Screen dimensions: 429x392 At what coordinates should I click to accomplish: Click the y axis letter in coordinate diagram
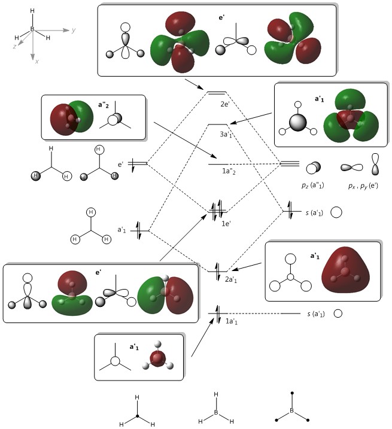click(x=73, y=29)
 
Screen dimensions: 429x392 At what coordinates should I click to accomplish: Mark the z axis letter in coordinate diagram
click(x=14, y=45)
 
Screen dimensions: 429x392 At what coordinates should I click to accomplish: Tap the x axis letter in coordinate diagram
click(x=36, y=61)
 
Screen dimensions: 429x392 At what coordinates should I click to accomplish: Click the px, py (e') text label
click(x=360, y=186)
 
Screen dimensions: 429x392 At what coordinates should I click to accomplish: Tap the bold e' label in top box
click(x=222, y=19)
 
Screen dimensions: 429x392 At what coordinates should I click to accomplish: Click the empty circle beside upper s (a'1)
click(x=336, y=212)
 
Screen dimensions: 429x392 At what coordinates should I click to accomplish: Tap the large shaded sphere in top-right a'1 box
click(x=297, y=123)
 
